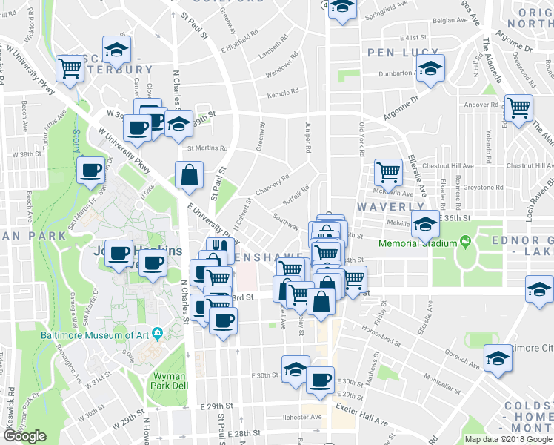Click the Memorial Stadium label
pyautogui.click(x=415, y=243)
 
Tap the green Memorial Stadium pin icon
pyautogui.click(x=464, y=242)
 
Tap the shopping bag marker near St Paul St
pyautogui.click(x=190, y=176)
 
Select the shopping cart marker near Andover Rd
pyautogui.click(x=518, y=108)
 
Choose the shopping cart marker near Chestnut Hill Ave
pyautogui.click(x=387, y=173)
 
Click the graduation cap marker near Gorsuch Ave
pyautogui.click(x=496, y=358)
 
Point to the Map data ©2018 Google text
pyautogui.click(x=509, y=439)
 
